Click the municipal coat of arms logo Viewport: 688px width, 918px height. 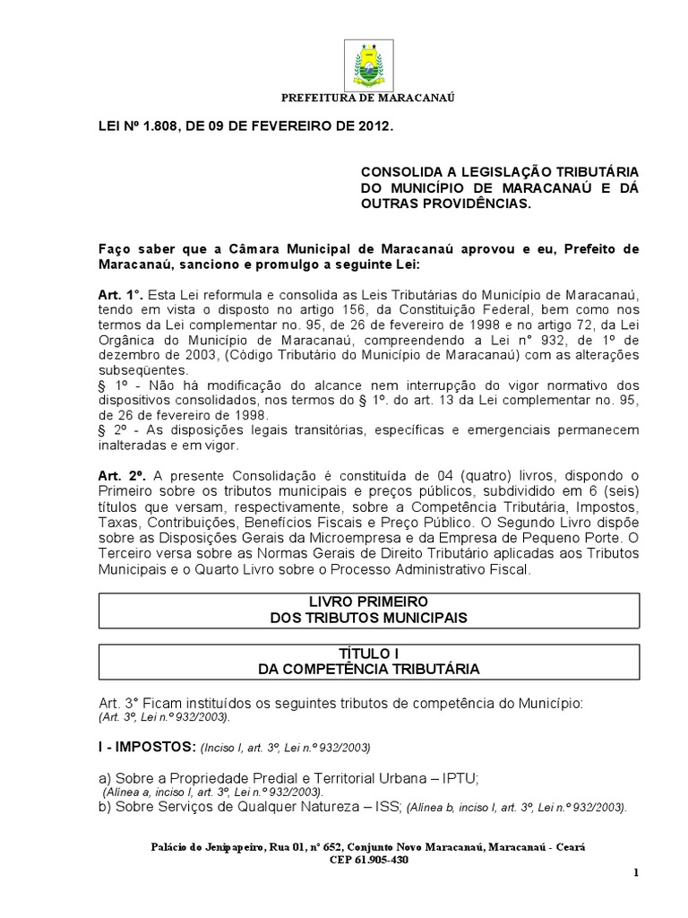(x=367, y=65)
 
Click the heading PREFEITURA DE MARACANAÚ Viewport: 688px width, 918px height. (x=368, y=97)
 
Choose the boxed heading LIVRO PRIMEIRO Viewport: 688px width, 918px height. (x=368, y=602)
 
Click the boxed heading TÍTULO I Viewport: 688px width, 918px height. (x=368, y=654)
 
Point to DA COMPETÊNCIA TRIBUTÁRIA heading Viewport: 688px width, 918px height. (x=368, y=669)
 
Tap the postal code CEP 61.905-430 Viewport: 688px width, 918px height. (x=368, y=860)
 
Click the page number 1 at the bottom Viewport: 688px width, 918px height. (x=635, y=873)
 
